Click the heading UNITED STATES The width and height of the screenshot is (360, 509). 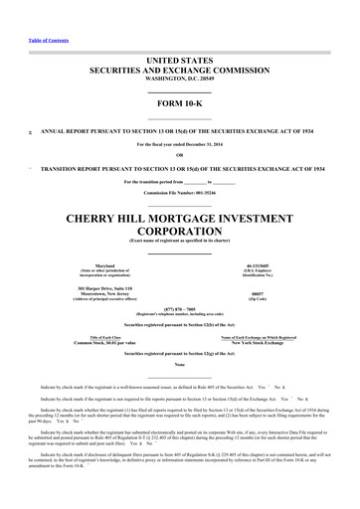pyautogui.click(x=180, y=62)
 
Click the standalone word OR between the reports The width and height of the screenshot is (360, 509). pyautogui.click(x=180, y=154)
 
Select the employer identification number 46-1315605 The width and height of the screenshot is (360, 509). pyautogui.click(x=265, y=265)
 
